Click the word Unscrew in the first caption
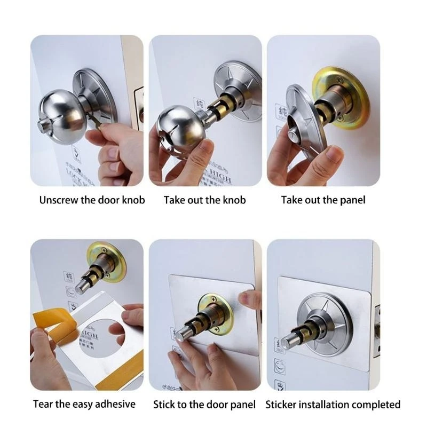tap(57, 201)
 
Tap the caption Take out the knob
tap(204, 201)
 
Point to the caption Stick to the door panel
tap(204, 404)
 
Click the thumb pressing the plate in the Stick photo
tap(246, 299)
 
